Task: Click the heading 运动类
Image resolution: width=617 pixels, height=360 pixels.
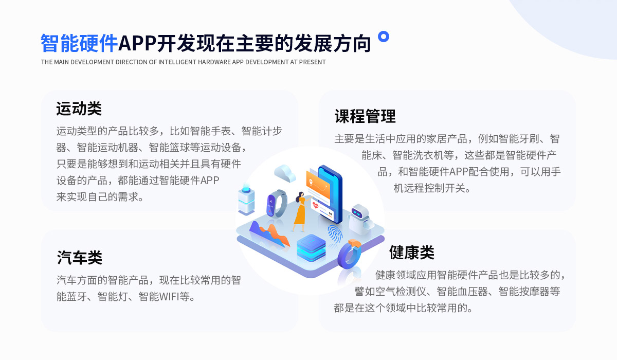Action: [79, 109]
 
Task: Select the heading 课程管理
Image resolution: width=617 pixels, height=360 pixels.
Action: [365, 116]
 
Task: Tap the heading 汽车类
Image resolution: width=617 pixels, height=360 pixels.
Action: [80, 258]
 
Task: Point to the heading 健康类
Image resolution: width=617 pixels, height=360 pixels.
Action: [411, 253]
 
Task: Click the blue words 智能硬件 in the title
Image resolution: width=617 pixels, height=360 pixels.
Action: [79, 43]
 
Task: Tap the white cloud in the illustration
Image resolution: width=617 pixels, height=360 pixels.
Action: [284, 173]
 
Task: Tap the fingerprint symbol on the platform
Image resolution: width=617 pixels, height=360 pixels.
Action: [335, 234]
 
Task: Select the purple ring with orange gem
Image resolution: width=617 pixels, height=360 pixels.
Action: [349, 255]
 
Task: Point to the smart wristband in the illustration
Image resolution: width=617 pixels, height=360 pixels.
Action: [277, 204]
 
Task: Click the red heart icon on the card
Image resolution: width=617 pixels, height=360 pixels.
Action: [315, 205]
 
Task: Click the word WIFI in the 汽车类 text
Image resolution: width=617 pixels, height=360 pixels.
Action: [169, 297]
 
